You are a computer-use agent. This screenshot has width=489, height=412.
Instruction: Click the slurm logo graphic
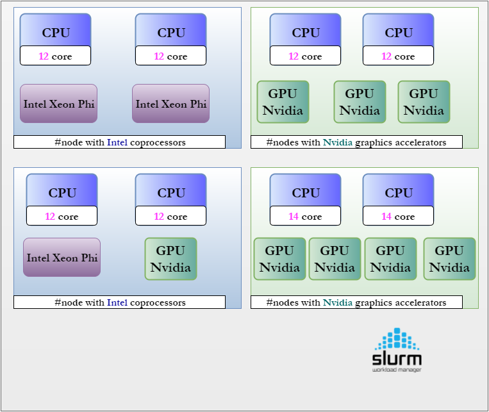tap(397, 350)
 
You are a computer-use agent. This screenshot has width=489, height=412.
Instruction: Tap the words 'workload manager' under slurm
tap(397, 370)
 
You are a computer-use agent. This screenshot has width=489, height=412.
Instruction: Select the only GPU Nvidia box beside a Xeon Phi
tap(170, 259)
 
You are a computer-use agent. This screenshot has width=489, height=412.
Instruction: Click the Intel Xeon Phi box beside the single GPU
tap(62, 258)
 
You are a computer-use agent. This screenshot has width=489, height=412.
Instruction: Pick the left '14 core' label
tap(305, 216)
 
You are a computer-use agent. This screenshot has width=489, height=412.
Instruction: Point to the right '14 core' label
tap(398, 216)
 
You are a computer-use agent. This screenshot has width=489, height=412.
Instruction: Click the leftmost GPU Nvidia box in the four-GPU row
tap(279, 259)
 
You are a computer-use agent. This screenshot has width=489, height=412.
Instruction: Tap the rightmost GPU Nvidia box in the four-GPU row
tap(449, 259)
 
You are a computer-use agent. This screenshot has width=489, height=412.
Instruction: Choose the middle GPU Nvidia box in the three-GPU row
tap(360, 102)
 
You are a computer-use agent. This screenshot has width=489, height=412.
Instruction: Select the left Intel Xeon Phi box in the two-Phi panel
tap(58, 103)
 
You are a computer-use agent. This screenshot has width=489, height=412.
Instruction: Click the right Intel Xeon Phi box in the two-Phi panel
tap(170, 103)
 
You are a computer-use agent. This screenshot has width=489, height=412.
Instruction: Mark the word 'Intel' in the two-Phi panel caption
tap(117, 142)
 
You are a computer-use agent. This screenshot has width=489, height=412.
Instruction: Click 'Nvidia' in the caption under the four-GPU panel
tap(338, 302)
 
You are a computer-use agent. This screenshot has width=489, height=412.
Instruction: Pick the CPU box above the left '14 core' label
tap(305, 190)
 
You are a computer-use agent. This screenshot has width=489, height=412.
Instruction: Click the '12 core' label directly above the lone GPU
tap(170, 216)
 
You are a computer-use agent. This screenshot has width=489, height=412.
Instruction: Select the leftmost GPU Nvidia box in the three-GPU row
tap(283, 102)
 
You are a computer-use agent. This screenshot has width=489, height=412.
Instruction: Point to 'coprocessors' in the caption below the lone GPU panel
tap(158, 302)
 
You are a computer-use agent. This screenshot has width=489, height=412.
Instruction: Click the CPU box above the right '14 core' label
tap(398, 190)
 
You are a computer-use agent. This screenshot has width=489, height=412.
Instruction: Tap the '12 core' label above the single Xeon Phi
tap(62, 216)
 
